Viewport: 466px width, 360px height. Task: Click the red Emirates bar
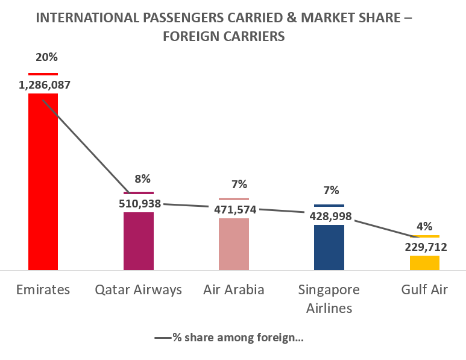(43, 181)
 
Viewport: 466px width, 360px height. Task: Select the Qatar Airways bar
(139, 241)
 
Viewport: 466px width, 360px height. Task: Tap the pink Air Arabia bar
(233, 244)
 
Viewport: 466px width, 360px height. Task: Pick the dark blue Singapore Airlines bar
(329, 247)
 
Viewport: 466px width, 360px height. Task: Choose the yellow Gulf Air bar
(424, 262)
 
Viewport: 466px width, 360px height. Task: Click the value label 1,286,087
(45, 85)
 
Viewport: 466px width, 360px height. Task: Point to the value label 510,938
(140, 203)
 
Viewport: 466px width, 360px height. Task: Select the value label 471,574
(235, 210)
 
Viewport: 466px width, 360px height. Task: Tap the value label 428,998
(330, 216)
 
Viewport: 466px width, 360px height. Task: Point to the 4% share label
(424, 226)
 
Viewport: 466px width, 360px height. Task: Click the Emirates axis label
(43, 289)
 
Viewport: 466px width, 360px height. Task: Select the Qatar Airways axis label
(139, 289)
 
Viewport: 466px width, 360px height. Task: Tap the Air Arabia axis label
(234, 289)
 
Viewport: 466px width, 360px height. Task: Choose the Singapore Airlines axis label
(329, 298)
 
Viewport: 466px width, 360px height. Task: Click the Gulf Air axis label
(424, 289)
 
